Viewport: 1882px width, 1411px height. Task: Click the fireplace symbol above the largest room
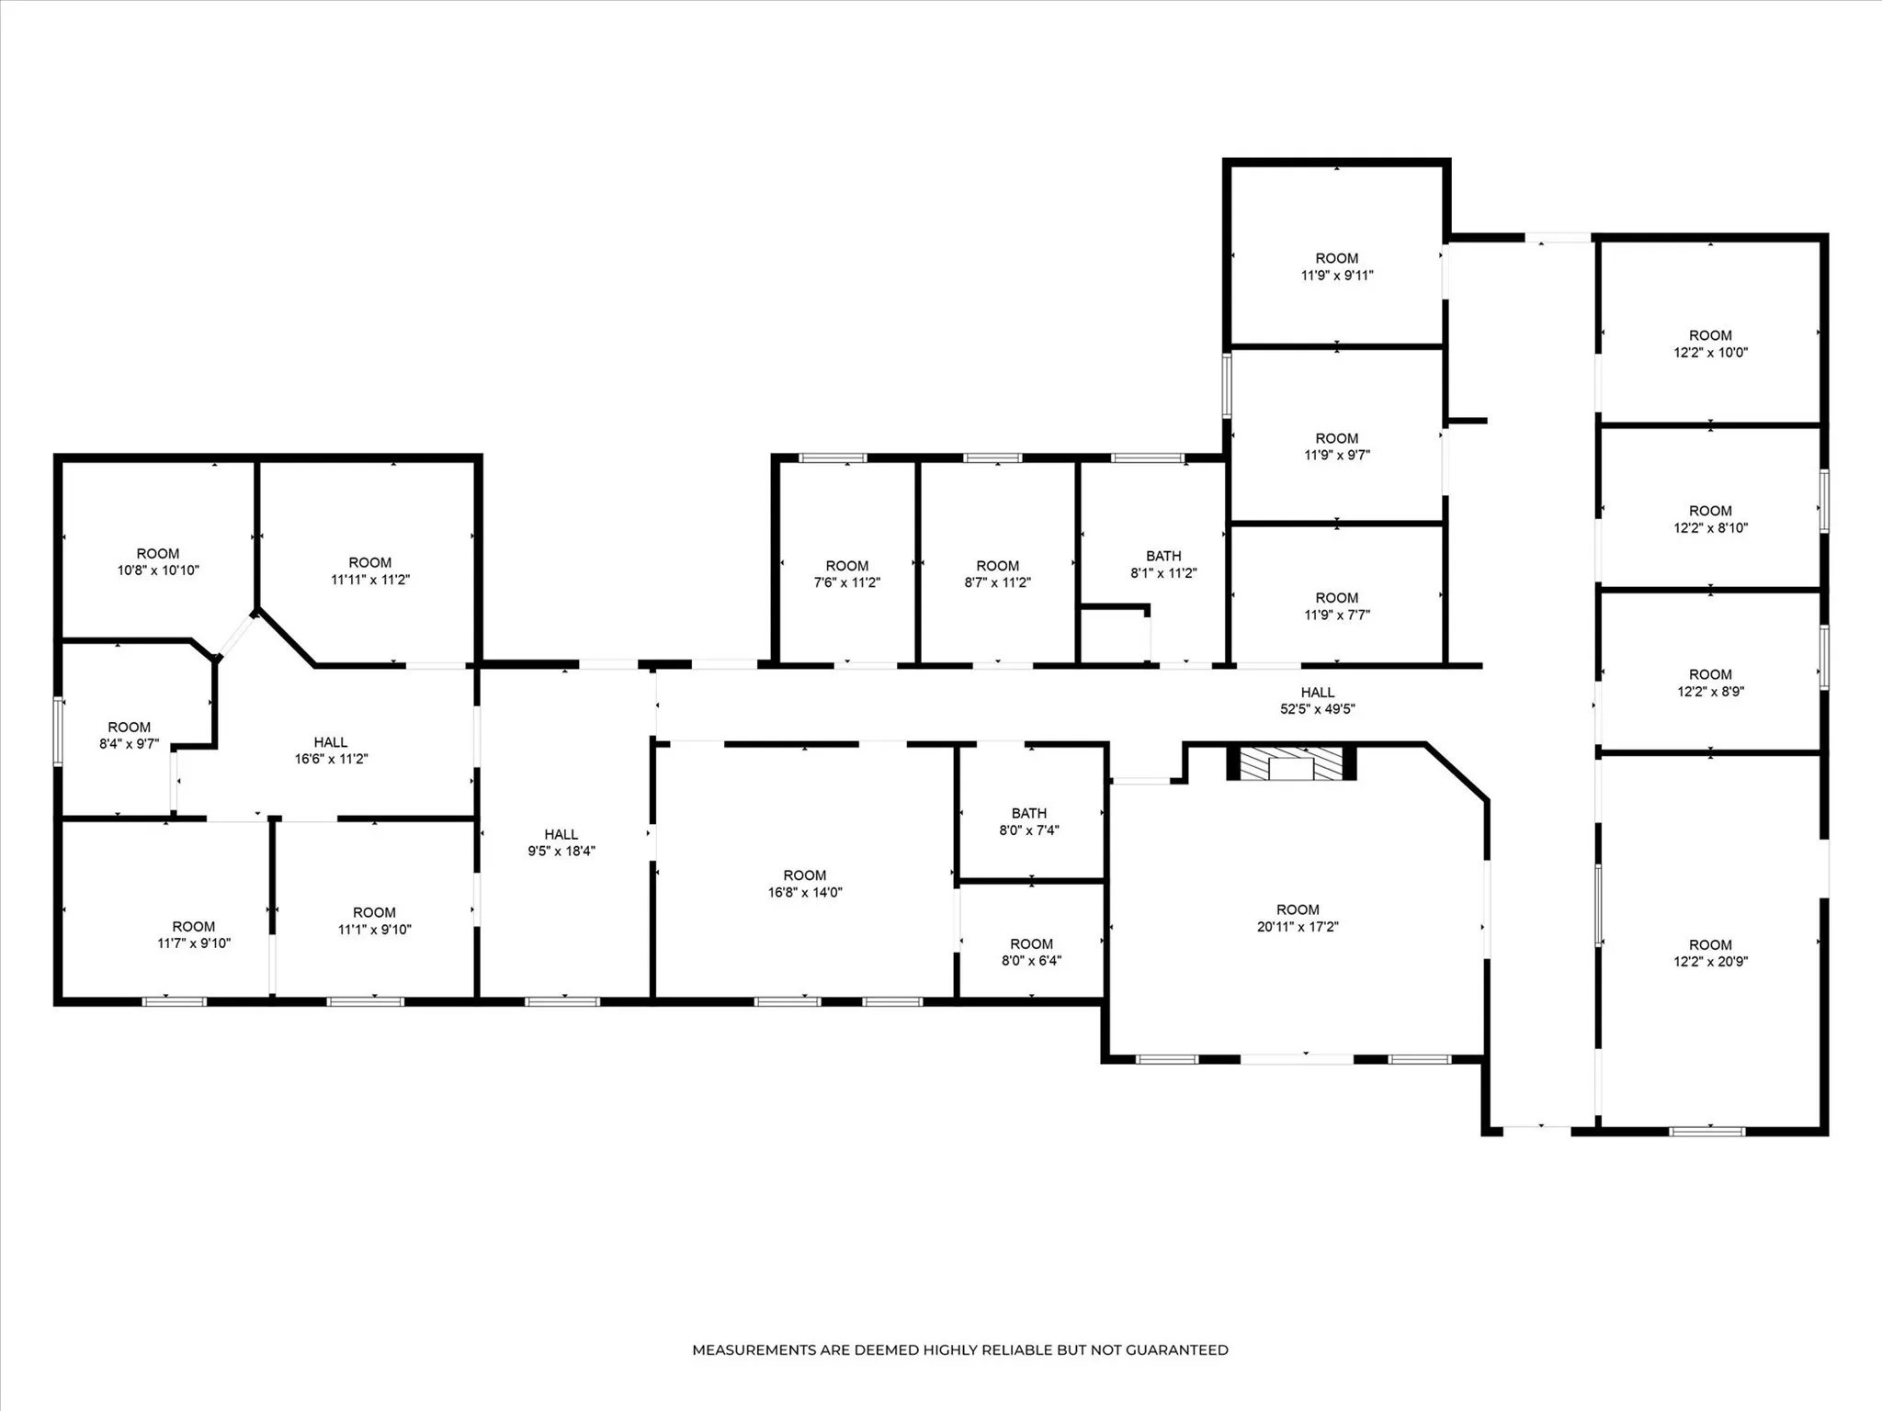(1291, 764)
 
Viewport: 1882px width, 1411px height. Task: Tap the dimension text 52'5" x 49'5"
(1317, 709)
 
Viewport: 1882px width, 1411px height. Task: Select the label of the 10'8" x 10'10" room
(158, 562)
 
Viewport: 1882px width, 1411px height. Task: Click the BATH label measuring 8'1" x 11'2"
(1163, 564)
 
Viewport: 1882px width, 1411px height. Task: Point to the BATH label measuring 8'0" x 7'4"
(1029, 821)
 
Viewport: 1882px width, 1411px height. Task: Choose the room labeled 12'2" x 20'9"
(1710, 953)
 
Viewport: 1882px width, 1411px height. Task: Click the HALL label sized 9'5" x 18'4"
(561, 842)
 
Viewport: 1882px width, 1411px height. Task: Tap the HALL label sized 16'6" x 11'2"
(331, 751)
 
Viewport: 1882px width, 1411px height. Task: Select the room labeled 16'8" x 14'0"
(805, 884)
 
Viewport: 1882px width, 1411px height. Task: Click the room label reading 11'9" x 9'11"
(1337, 266)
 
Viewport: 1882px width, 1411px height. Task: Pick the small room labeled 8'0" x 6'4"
(1031, 952)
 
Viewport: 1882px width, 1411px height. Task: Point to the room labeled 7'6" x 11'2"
(846, 574)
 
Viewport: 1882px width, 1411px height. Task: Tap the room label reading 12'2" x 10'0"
(1710, 344)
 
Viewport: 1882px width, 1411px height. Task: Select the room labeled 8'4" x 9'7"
(129, 735)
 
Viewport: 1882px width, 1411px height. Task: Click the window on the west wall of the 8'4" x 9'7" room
(58, 731)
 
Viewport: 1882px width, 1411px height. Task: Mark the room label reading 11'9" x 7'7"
(1337, 606)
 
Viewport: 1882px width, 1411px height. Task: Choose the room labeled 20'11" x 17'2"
(1298, 918)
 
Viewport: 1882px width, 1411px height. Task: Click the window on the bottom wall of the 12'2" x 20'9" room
(1706, 1132)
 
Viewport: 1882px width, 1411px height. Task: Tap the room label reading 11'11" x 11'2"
(370, 570)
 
